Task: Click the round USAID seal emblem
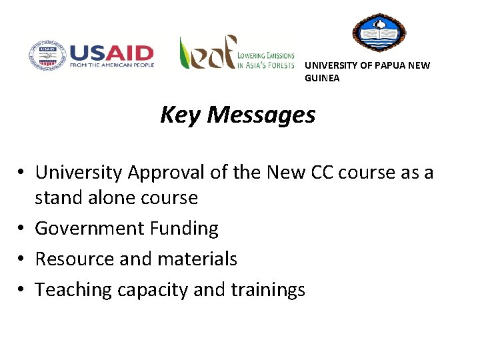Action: tap(46, 55)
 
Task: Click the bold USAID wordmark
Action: tap(111, 53)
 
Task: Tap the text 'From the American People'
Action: tap(111, 65)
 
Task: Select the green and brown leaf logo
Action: tap(207, 53)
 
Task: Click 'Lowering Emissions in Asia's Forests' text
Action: tap(266, 60)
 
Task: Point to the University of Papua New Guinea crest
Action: tap(378, 33)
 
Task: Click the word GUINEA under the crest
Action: tap(322, 78)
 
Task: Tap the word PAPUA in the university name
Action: tap(383, 65)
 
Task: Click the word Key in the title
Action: tap(181, 115)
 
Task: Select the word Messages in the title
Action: tap(261, 115)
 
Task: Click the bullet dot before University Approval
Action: tap(22, 173)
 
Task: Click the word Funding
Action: tap(184, 228)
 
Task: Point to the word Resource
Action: tap(73, 259)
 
